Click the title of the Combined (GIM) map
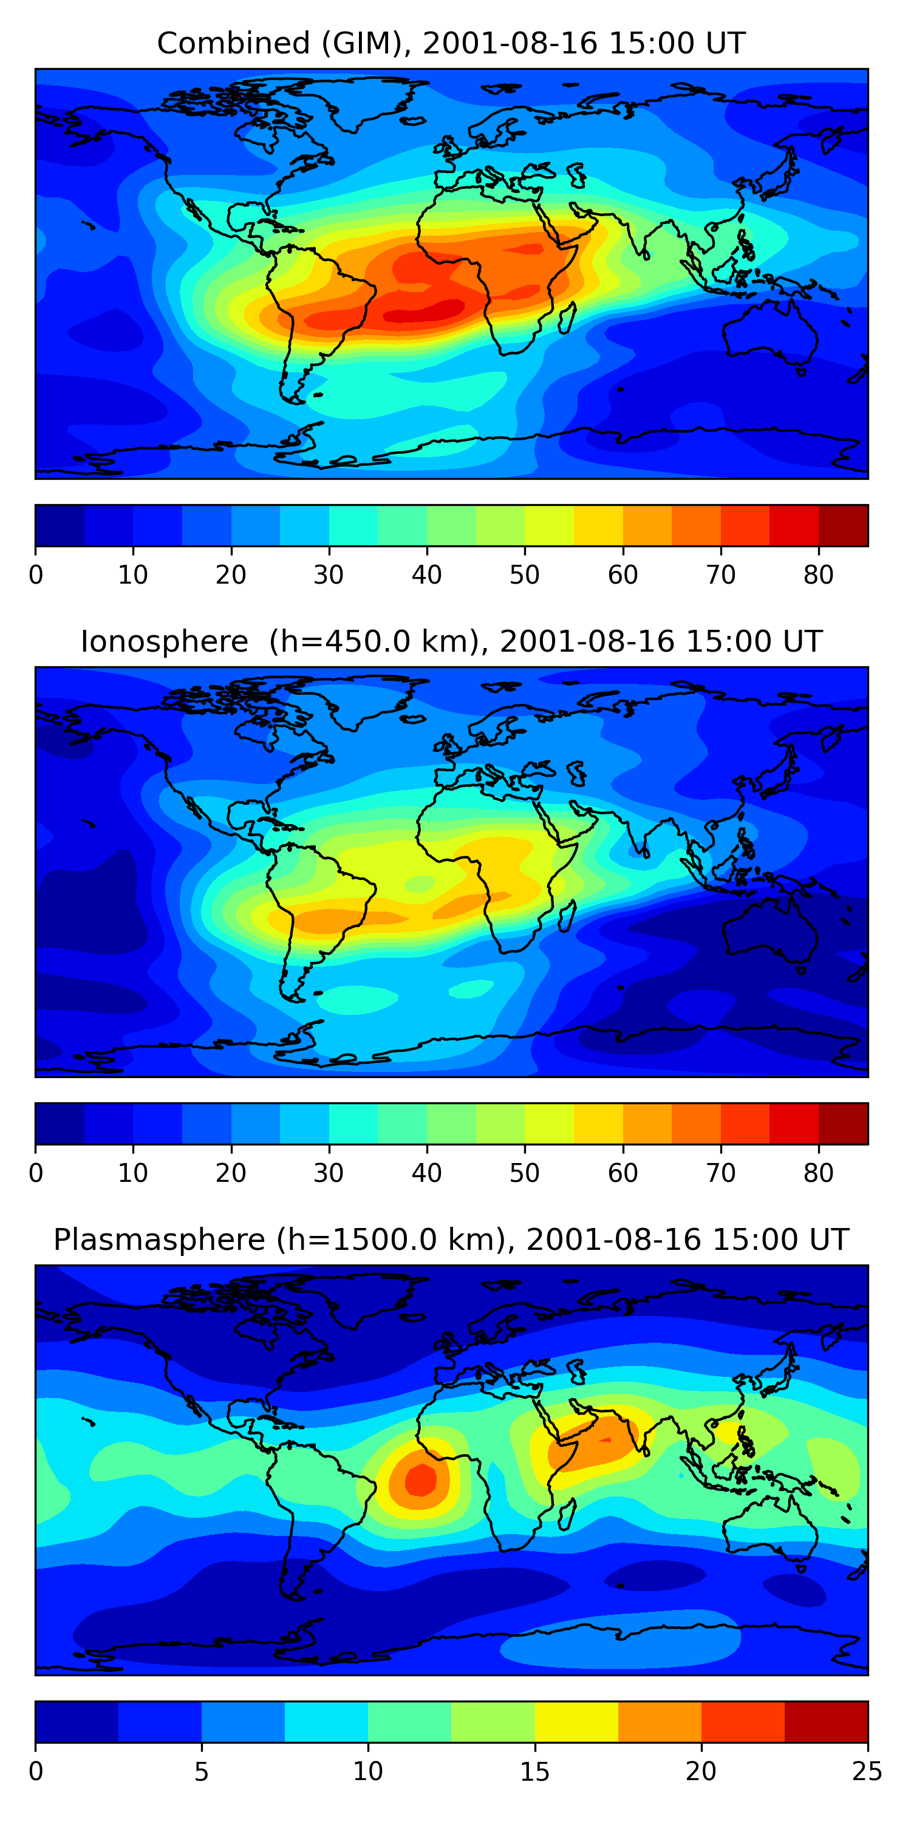tap(451, 43)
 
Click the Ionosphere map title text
tap(451, 641)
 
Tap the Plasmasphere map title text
tap(451, 1240)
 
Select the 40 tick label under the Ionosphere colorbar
tap(426, 1173)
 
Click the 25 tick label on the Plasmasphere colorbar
tap(867, 1772)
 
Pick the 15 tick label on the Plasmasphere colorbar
tap(534, 1772)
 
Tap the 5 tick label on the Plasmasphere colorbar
tap(202, 1772)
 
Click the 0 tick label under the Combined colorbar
tap(36, 575)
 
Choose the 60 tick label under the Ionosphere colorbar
tap(623, 1173)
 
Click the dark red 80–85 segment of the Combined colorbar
tap(843, 525)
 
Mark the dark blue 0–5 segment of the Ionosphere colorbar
tap(60, 1123)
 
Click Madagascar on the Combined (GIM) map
tap(567, 318)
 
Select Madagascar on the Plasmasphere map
tap(567, 1514)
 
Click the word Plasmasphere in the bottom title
tap(159, 1240)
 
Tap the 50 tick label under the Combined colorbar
tap(525, 575)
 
